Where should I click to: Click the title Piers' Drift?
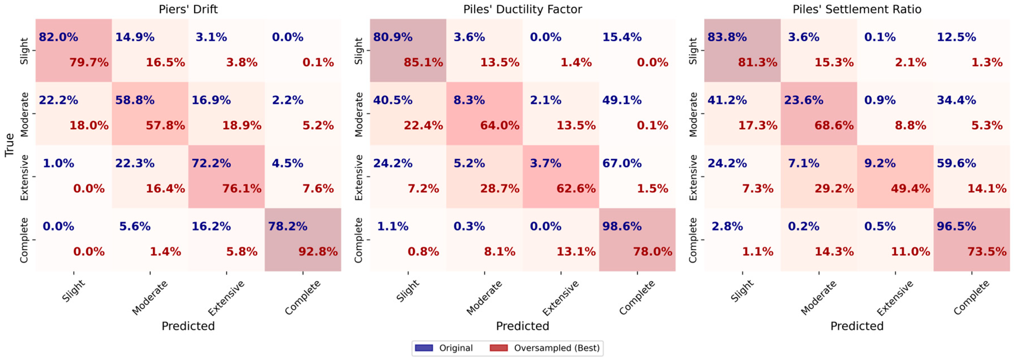[x=188, y=9]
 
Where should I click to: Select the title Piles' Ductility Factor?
[x=522, y=9]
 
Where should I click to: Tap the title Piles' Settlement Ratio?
[x=857, y=9]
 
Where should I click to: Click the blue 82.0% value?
[x=58, y=37]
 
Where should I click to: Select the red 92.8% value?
[x=318, y=252]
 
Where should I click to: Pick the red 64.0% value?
[x=499, y=126]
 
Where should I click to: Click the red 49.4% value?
[x=911, y=189]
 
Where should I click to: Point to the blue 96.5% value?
[x=956, y=226]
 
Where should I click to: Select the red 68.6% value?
[x=834, y=126]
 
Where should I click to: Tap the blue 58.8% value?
[x=135, y=100]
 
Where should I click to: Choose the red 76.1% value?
[x=242, y=189]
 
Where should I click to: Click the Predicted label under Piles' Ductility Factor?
[x=522, y=326]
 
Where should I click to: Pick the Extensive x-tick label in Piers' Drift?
[x=226, y=298]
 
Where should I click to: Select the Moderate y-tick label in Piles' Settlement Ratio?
[x=693, y=114]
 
